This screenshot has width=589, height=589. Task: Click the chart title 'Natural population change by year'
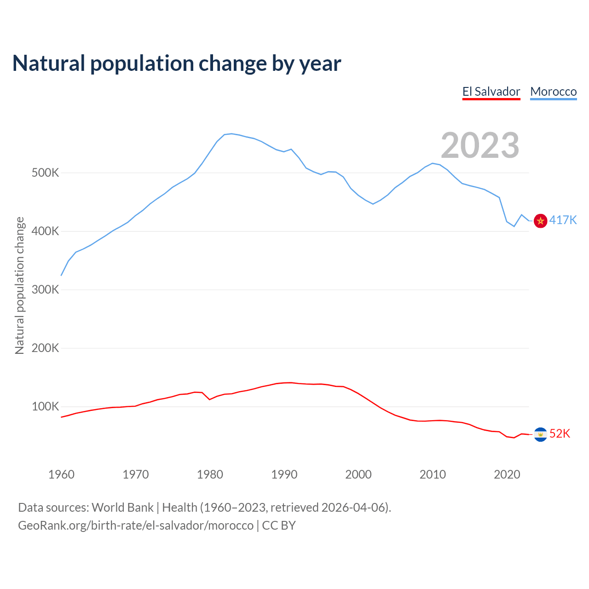point(177,64)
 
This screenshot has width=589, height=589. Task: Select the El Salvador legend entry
point(491,92)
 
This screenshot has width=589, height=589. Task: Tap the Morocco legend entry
point(553,92)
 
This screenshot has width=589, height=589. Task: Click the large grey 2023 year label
point(480,145)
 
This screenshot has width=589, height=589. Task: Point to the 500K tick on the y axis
point(46,173)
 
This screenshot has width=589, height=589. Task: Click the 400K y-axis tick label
point(46,231)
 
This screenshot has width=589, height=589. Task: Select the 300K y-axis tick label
point(46,290)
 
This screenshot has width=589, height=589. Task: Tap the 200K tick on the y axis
point(46,348)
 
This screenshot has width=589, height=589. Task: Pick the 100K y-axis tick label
point(46,407)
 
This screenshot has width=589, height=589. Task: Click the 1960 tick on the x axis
point(61,474)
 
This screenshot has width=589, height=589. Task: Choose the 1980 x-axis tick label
point(210,474)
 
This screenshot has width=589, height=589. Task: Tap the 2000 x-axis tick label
point(358,474)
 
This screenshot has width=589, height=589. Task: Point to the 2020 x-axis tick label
point(507,474)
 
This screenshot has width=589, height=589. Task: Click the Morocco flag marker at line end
point(540,221)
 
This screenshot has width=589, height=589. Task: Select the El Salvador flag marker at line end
point(540,434)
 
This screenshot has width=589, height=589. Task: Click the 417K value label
point(563,220)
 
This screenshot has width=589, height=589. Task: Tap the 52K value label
point(560,433)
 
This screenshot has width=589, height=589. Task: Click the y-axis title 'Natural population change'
point(19,285)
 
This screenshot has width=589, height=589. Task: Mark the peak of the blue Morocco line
point(231,133)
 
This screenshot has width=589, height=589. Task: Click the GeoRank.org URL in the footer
point(136,525)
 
